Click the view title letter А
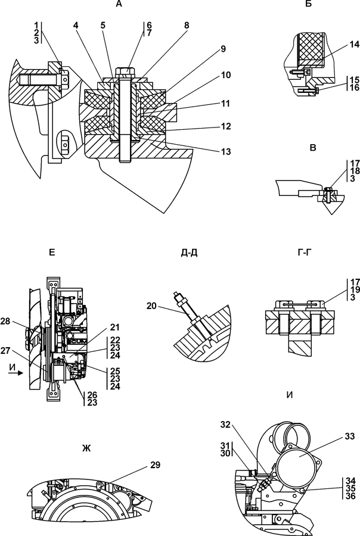coord(119,4)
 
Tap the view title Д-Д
coord(190,253)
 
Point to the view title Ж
coord(86,448)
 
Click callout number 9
coord(223,49)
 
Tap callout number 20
coord(151,306)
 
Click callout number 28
coord(5,321)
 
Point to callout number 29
coord(156,465)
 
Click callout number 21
coord(115,327)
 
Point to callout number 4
coord(76,25)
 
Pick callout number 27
coord(5,351)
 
